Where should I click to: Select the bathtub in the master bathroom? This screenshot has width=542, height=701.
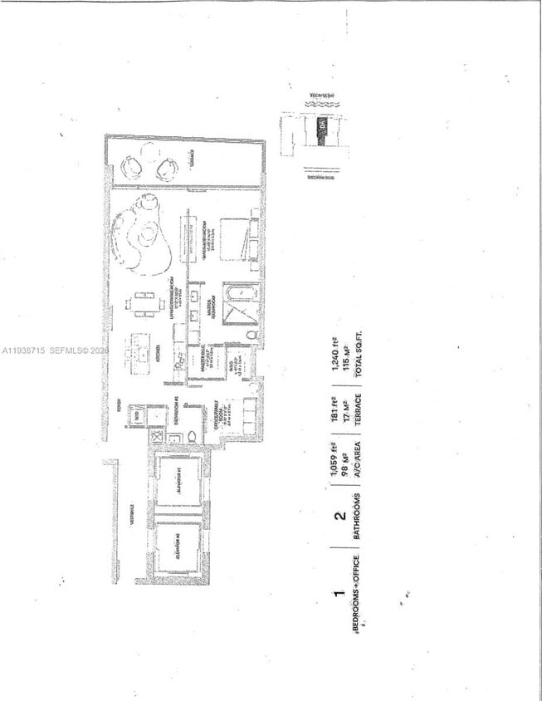(232, 305)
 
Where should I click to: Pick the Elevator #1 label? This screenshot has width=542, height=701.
(178, 483)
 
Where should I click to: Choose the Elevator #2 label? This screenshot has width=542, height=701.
(178, 547)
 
